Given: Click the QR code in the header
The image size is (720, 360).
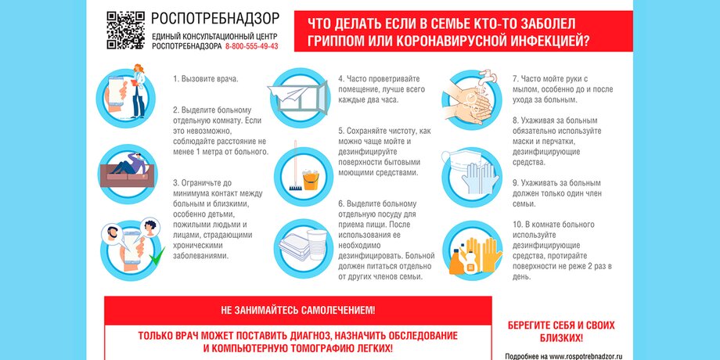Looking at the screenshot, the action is (125, 31).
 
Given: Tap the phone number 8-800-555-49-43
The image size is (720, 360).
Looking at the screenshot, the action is (252, 46).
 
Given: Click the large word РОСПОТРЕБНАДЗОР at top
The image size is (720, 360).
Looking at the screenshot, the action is (215, 18).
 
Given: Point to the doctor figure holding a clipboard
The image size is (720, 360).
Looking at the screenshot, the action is (139, 91).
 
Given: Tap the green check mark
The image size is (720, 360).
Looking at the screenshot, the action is (157, 256).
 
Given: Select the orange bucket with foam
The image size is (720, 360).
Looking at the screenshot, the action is (311, 179).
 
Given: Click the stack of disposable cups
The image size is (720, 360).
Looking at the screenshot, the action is (317, 245).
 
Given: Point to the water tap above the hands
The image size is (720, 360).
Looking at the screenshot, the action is (488, 76).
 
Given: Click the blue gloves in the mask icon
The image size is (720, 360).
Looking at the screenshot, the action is (480, 178).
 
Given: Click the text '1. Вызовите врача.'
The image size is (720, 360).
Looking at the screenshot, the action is (206, 78).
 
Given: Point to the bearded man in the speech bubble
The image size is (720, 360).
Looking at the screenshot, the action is (112, 235).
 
